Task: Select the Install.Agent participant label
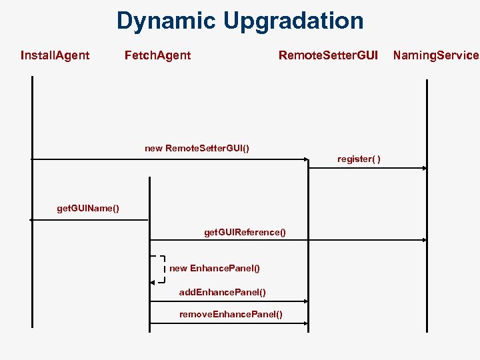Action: pyautogui.click(x=55, y=55)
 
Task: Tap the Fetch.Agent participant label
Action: pyautogui.click(x=157, y=55)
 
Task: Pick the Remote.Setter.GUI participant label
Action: pyautogui.click(x=328, y=55)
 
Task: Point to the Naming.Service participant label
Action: pyautogui.click(x=435, y=55)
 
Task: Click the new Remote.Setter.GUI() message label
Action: pyautogui.click(x=197, y=148)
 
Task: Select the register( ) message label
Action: pyautogui.click(x=359, y=159)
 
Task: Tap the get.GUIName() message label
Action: pyautogui.click(x=88, y=209)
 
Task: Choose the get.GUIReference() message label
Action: pyautogui.click(x=245, y=232)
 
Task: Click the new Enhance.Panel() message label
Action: pyautogui.click(x=215, y=268)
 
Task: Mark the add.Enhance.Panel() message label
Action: pyautogui.click(x=223, y=292)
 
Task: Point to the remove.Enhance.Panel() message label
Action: pyautogui.click(x=231, y=314)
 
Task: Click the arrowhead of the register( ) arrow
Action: pyautogui.click(x=423, y=169)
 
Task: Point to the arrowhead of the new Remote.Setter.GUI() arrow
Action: pyautogui.click(x=305, y=159)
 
